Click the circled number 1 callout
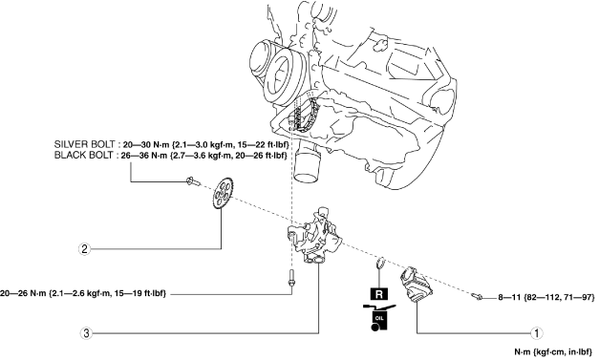537,333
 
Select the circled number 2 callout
84,249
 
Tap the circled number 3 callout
86,333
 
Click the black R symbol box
379,294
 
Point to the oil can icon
379,317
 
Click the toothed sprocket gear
223,194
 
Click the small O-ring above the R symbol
379,263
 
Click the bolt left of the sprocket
193,181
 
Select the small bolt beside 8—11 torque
477,295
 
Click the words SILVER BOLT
84,145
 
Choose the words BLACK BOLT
84,156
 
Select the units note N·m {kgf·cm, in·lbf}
553,351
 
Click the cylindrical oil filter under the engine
309,162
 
